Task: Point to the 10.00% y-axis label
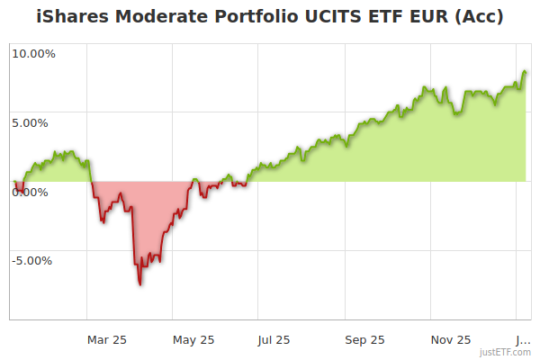[x=33, y=53]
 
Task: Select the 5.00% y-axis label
[x=33, y=122]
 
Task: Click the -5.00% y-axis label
[x=31, y=261]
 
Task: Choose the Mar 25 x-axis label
[x=106, y=339]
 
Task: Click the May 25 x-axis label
[x=193, y=339]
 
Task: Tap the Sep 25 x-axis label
[x=364, y=339]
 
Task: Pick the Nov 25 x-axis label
[x=451, y=339]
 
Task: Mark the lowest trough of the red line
[x=140, y=284]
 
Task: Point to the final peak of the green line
[x=525, y=72]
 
